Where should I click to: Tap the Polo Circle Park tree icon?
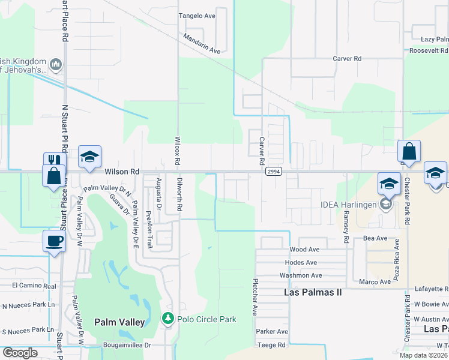tap(169, 319)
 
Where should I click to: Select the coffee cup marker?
tap(55, 242)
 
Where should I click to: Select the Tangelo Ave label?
tap(197, 16)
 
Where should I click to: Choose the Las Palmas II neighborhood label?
tap(312, 292)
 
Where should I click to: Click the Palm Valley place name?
tap(120, 322)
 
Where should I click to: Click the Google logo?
tap(20, 353)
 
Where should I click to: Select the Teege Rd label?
tap(271, 345)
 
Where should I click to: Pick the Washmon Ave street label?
tap(301, 275)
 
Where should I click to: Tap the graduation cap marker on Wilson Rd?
tap(89, 156)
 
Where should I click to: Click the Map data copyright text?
tap(424, 355)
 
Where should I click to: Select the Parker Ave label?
tap(272, 331)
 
